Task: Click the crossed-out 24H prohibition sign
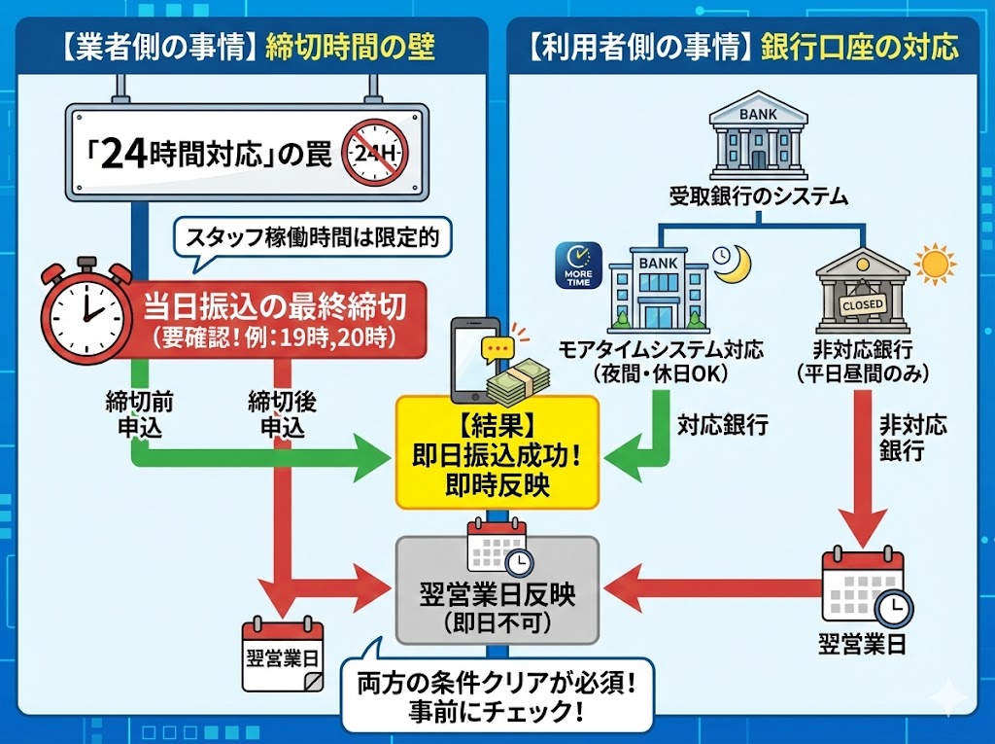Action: (x=373, y=153)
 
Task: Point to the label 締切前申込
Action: (x=137, y=413)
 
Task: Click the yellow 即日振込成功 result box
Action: (x=497, y=452)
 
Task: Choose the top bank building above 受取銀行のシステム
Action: (x=758, y=136)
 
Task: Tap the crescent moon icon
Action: (x=728, y=262)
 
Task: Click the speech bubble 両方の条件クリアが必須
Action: (x=497, y=696)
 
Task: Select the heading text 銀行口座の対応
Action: (x=861, y=46)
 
